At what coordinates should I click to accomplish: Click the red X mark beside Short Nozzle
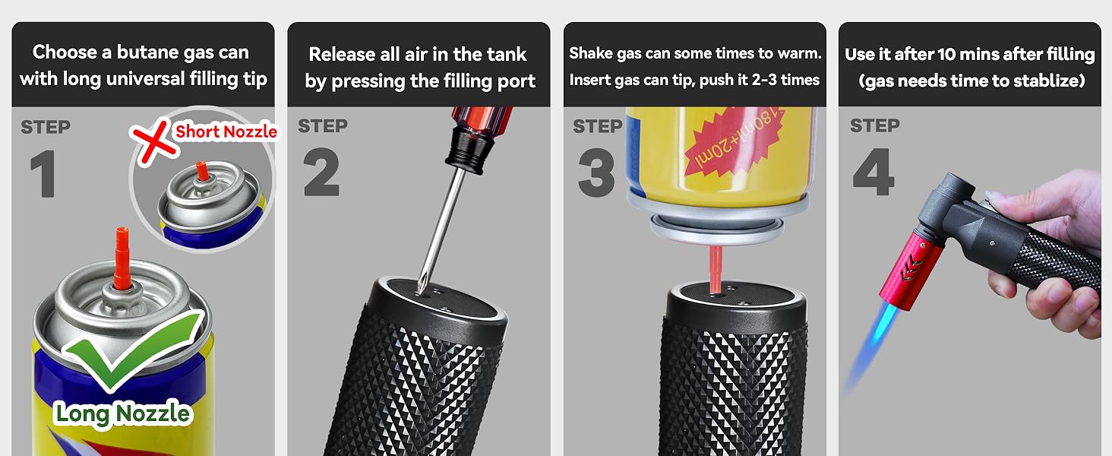(153, 141)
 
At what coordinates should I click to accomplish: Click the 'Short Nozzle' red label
(226, 131)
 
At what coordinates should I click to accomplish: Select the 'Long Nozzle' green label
(122, 413)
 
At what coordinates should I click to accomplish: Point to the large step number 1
(43, 174)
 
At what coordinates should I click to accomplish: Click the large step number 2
(321, 172)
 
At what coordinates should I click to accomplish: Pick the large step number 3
(597, 173)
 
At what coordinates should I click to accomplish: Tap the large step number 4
(873, 172)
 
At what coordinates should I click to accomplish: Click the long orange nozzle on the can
(122, 258)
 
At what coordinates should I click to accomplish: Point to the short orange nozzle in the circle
(201, 171)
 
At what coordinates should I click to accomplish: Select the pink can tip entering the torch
(716, 269)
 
